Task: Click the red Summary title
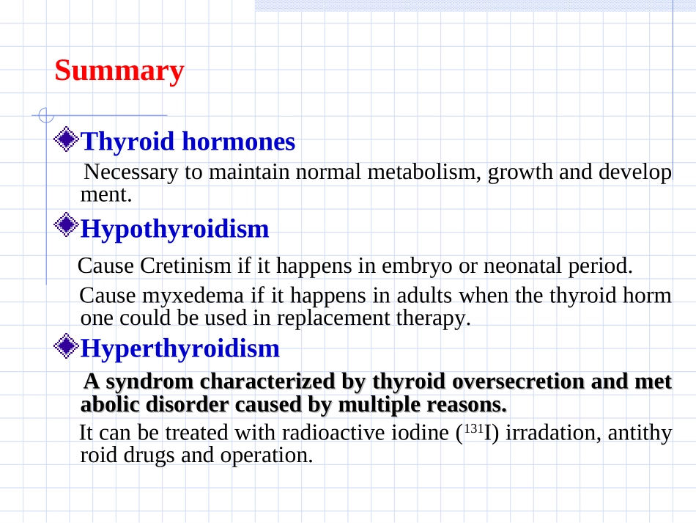[119, 71]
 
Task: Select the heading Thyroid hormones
[188, 142]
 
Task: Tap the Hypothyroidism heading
[174, 230]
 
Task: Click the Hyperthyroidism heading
[179, 348]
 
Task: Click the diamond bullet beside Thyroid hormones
[67, 139]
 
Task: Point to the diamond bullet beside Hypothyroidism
[67, 226]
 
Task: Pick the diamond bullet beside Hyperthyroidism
[67, 345]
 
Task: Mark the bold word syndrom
[153, 382]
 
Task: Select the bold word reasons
[467, 405]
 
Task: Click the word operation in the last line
[267, 456]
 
